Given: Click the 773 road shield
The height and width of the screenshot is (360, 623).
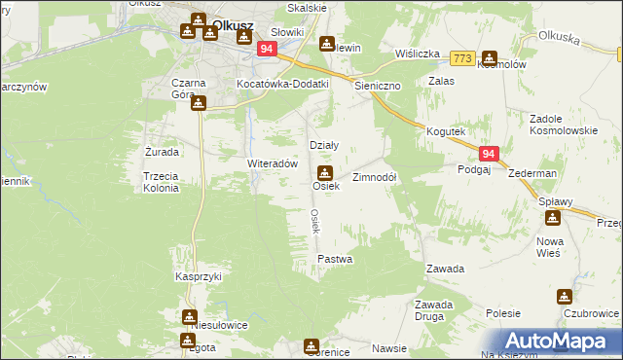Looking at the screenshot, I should [x=462, y=58].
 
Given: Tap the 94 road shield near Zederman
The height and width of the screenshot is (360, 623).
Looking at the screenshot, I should [x=489, y=154].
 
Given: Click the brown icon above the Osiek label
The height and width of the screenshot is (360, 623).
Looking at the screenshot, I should [x=325, y=171].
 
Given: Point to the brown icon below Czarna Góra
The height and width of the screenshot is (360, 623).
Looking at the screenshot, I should [x=198, y=103].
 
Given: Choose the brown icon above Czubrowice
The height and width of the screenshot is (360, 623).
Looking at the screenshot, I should [x=564, y=297].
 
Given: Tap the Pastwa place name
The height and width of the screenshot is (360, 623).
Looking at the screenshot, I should [x=335, y=260].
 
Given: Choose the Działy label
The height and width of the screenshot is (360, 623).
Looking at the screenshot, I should [x=323, y=145].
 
